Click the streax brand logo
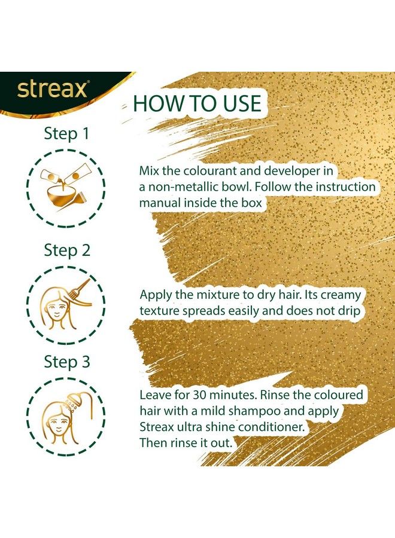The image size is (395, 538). click(53, 90)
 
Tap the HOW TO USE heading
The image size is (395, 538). click(197, 103)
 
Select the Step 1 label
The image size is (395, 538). click(66, 133)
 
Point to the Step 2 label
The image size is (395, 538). click(66, 250)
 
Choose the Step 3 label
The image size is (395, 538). click(66, 362)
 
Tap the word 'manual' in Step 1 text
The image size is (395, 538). click(165, 203)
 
